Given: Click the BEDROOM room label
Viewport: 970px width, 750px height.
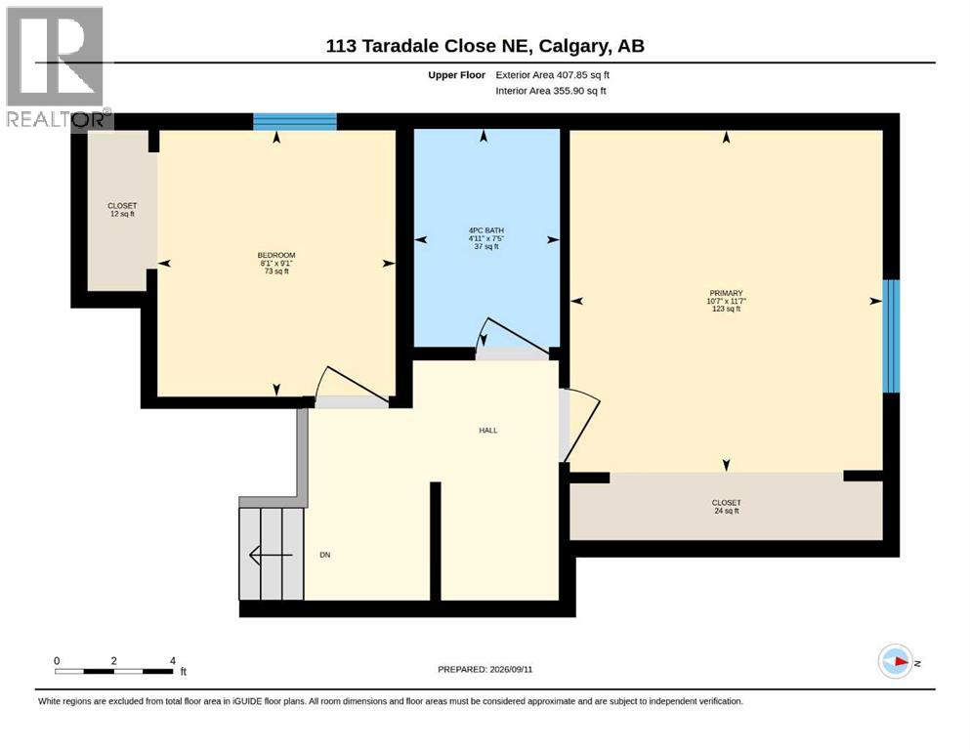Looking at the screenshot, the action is pyautogui.click(x=276, y=255).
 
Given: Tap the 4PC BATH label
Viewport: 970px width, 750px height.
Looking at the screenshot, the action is pyautogui.click(x=486, y=230).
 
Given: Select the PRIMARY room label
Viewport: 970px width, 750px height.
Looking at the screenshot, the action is pyautogui.click(x=726, y=293).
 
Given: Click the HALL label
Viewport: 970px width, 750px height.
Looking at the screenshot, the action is pyautogui.click(x=488, y=431).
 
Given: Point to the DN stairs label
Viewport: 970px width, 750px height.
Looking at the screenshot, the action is pyautogui.click(x=324, y=555).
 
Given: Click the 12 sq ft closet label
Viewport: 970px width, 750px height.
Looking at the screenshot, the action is pyautogui.click(x=122, y=210).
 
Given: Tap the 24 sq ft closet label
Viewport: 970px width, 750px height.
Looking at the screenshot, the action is pyautogui.click(x=726, y=507).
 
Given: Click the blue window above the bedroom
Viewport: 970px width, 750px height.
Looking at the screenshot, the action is pyautogui.click(x=294, y=121).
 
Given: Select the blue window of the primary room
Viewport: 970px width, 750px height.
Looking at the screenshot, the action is pyautogui.click(x=891, y=336).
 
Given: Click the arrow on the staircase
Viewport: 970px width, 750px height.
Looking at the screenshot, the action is pyautogui.click(x=271, y=556).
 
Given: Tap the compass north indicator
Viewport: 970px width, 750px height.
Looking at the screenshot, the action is pyautogui.click(x=896, y=661).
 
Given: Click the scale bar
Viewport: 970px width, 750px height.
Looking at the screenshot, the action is pyautogui.click(x=114, y=671).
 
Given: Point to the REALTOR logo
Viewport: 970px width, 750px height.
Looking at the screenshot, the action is pyautogui.click(x=57, y=67).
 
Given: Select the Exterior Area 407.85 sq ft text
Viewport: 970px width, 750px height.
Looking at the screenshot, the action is pyautogui.click(x=553, y=75).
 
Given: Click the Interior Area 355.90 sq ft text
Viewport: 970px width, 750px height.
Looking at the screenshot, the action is pyautogui.click(x=551, y=91).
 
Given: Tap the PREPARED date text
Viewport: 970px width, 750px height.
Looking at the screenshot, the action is pyautogui.click(x=485, y=669).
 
